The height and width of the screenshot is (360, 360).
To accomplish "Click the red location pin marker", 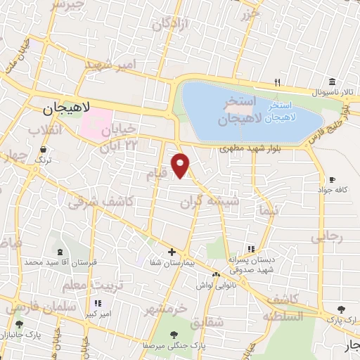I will tap(181, 165).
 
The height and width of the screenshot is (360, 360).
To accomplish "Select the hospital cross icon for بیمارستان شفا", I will tap(172, 252).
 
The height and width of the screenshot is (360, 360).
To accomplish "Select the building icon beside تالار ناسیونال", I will tap(331, 81).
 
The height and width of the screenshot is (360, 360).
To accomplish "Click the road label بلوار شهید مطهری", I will tap(249, 148).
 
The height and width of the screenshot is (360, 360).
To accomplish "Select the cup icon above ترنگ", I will tap(44, 149).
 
